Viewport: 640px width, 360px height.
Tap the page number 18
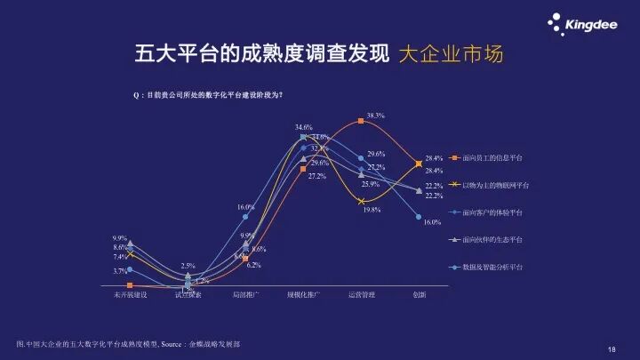click(612, 349)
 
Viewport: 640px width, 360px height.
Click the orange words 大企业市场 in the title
click(450, 53)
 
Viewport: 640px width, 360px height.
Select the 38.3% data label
click(375, 116)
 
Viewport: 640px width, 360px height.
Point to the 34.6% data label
click(304, 127)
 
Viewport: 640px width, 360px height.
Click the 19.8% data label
click(371, 210)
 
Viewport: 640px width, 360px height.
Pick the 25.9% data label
click(370, 184)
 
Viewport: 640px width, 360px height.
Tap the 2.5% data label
click(188, 266)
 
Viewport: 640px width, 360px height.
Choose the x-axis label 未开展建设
click(130, 294)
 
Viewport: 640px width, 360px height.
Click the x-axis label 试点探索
click(188, 294)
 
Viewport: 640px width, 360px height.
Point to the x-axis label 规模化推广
click(303, 294)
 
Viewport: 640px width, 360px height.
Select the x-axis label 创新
click(420, 294)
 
